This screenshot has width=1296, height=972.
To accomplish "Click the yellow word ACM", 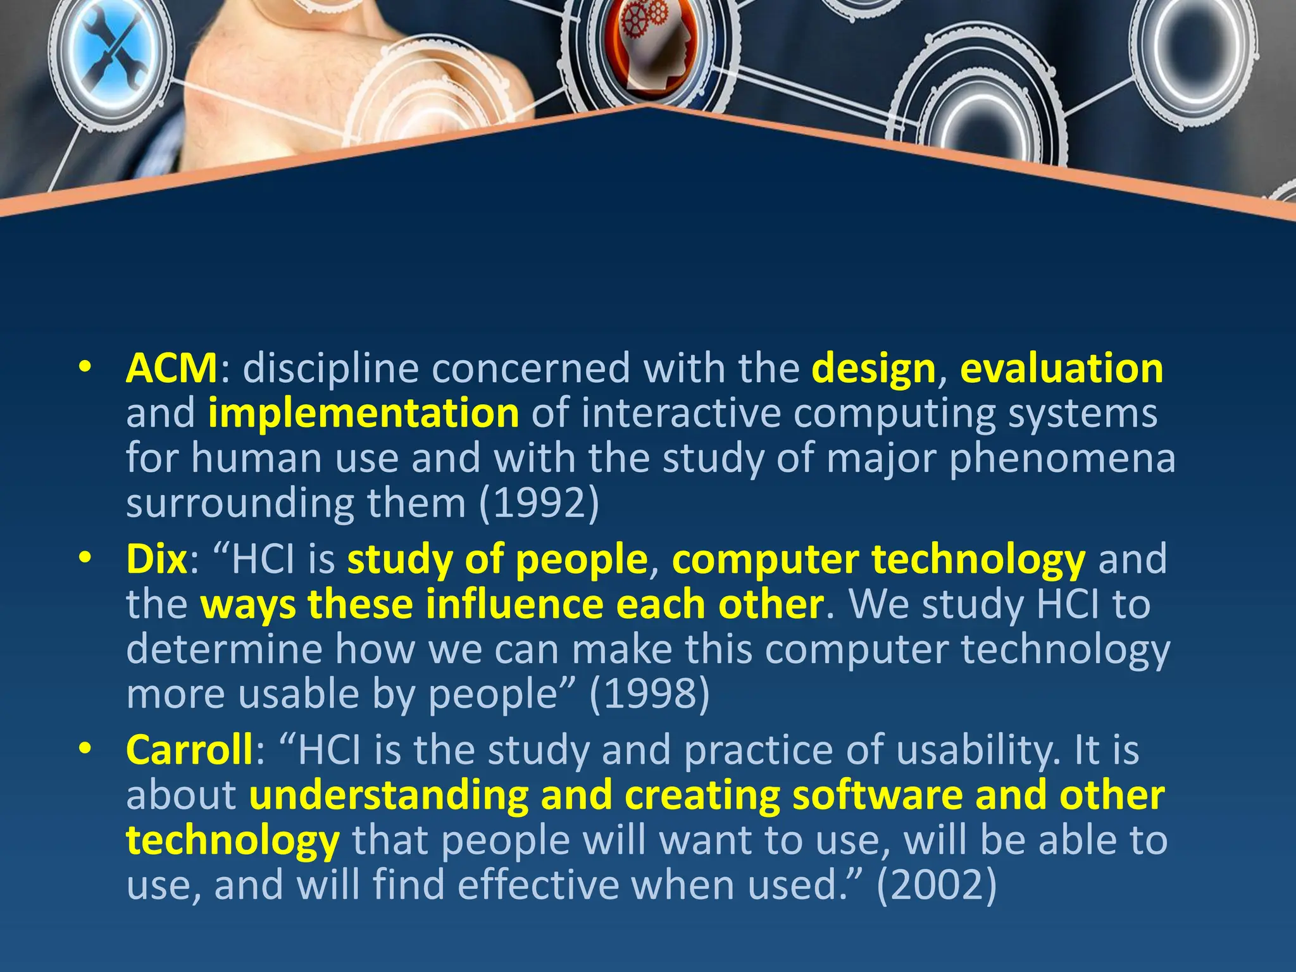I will (x=171, y=368).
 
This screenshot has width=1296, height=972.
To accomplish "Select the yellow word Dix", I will (x=157, y=559).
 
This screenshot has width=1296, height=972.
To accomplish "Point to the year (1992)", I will (x=539, y=504).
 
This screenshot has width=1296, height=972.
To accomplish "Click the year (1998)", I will (x=649, y=695).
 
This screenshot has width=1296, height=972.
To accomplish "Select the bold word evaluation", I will (x=1062, y=368).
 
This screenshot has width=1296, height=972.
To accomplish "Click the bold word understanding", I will (x=389, y=796).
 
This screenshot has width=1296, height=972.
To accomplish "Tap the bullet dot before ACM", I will (x=85, y=368).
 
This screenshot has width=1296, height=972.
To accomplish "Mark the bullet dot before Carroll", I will (x=85, y=749).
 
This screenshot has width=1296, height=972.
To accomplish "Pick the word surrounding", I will (x=241, y=504).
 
